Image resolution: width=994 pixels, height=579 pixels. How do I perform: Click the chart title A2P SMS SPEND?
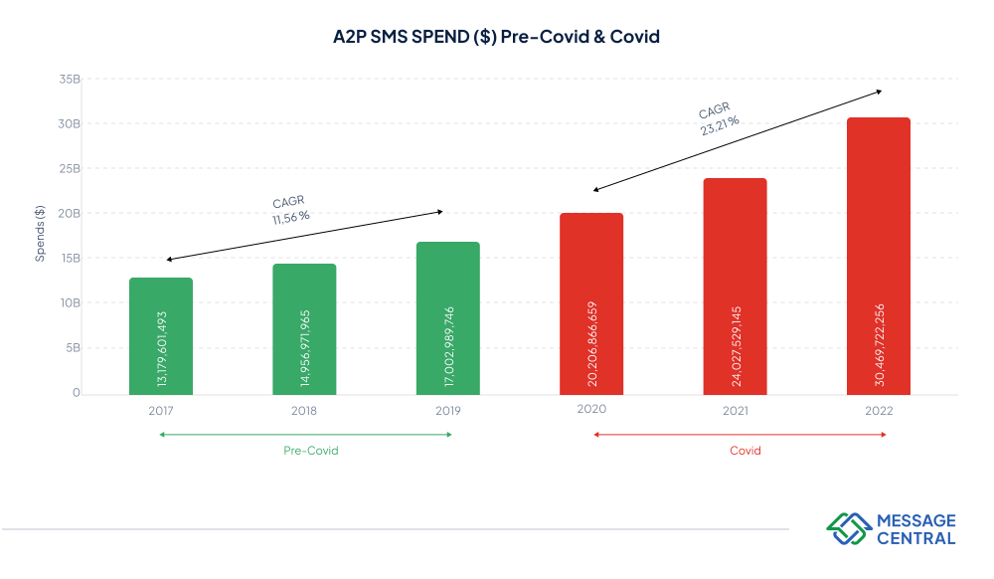point(496,37)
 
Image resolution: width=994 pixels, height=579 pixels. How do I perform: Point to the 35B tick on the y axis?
point(69,80)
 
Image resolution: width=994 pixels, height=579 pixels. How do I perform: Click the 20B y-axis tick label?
point(69,214)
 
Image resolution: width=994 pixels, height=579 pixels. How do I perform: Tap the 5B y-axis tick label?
point(72,348)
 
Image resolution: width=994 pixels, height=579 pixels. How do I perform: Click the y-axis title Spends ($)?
point(40,234)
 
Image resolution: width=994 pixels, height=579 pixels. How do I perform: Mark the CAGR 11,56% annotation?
point(290,208)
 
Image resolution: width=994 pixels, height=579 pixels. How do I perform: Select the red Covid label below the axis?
point(745,451)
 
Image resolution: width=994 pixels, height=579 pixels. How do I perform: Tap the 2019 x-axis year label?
point(447,410)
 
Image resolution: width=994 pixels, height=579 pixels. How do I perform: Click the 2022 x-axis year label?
point(878,410)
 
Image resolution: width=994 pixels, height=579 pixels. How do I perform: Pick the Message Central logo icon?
point(848,528)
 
